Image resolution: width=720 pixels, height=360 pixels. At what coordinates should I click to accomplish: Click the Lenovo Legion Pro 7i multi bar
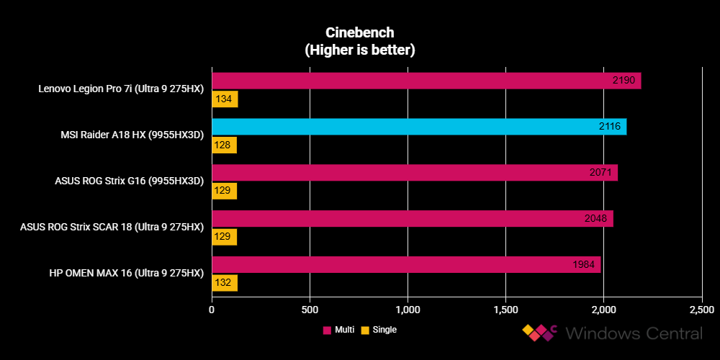pyautogui.click(x=425, y=80)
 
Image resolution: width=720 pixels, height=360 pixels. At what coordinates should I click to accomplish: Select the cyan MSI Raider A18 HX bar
pyautogui.click(x=418, y=126)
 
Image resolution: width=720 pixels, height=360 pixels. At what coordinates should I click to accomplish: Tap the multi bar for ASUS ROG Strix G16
pyautogui.click(x=414, y=172)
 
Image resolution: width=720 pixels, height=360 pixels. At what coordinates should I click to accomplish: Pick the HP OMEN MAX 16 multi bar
pyautogui.click(x=405, y=264)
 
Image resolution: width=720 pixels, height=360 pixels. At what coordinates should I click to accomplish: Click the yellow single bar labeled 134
pyautogui.click(x=224, y=99)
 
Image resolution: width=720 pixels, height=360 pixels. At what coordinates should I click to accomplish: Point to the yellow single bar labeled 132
pyautogui.click(x=224, y=283)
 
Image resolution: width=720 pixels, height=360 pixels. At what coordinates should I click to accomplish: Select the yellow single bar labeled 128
pyautogui.click(x=224, y=145)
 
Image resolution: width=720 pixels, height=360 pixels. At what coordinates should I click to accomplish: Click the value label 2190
pyautogui.click(x=623, y=80)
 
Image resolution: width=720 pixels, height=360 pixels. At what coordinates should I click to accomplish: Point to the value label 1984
pyautogui.click(x=584, y=264)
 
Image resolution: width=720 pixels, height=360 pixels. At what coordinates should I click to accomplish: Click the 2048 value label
pyautogui.click(x=595, y=218)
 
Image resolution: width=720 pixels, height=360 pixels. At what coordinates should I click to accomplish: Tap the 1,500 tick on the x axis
pyautogui.click(x=505, y=310)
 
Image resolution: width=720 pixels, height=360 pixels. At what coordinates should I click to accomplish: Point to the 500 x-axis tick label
pyautogui.click(x=310, y=310)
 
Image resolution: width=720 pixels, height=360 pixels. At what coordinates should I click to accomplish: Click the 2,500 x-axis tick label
pyautogui.click(x=701, y=310)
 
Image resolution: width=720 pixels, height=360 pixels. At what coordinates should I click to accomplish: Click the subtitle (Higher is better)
pyautogui.click(x=360, y=50)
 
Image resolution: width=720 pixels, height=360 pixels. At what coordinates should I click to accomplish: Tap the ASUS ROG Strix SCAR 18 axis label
pyautogui.click(x=112, y=228)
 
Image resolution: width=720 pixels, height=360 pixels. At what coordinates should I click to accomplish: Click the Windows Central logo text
pyautogui.click(x=634, y=333)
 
